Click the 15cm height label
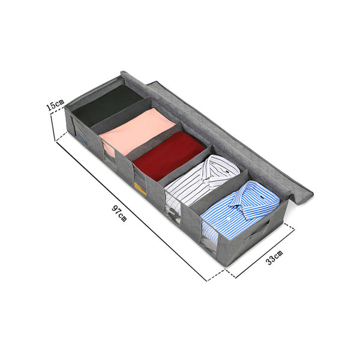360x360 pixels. tap(55, 105)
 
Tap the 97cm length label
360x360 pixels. tap(119, 214)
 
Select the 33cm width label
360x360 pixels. tap(274, 257)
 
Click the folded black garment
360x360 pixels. tap(107, 106)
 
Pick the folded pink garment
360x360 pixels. tap(137, 130)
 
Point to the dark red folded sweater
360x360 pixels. tap(169, 155)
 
